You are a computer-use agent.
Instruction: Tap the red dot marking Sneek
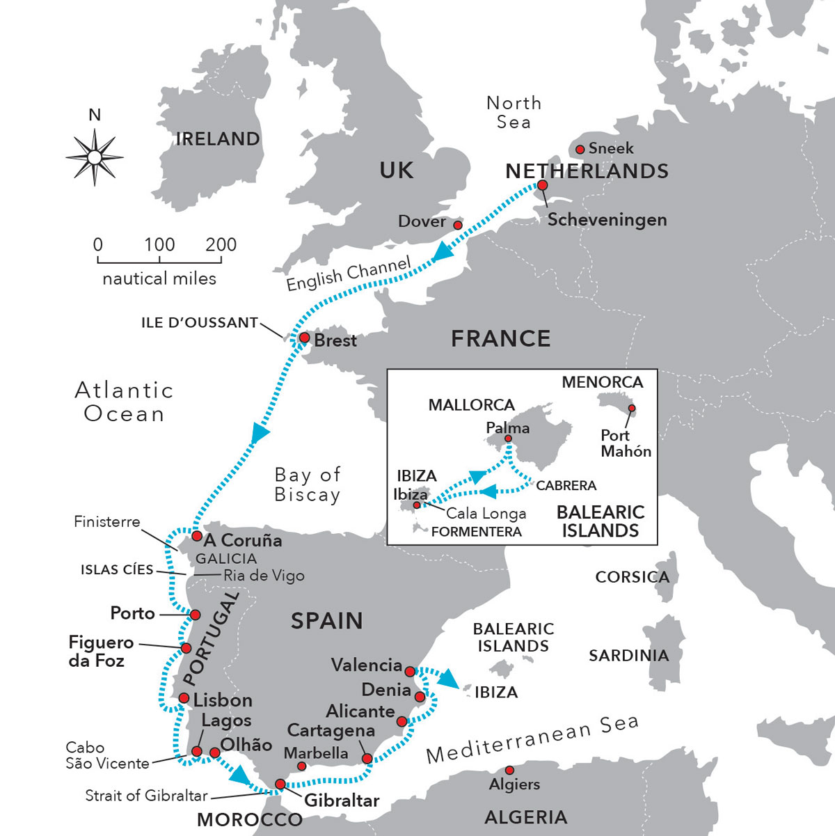point(580,149)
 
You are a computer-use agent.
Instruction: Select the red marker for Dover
point(458,226)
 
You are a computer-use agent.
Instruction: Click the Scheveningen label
point(607,220)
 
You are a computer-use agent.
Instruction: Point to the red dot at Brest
point(304,338)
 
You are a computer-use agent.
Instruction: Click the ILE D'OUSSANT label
point(200,323)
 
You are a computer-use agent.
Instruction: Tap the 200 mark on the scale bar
point(221,246)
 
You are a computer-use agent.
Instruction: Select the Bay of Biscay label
point(308,484)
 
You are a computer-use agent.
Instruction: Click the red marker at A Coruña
point(197,537)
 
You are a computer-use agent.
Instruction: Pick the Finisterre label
point(106,522)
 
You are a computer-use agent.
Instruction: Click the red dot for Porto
point(196,615)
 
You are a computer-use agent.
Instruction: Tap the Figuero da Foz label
point(100,651)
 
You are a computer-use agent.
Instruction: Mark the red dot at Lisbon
point(184,697)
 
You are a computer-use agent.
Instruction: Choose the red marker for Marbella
point(301,766)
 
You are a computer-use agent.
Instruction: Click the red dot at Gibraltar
point(280,784)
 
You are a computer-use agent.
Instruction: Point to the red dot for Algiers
point(509,770)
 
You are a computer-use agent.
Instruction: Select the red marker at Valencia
point(410,672)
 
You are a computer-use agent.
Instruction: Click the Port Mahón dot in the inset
point(632,408)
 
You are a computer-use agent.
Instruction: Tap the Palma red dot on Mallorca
point(508,439)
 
